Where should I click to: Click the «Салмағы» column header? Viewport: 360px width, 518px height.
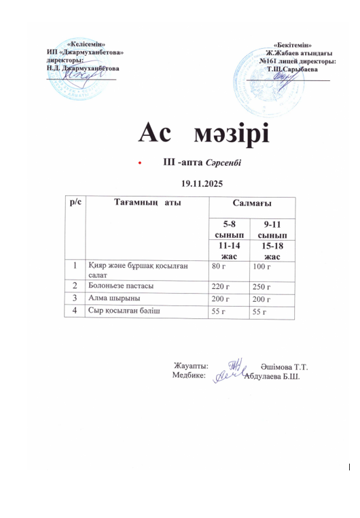[x=252, y=203]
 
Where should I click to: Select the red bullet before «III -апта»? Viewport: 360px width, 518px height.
[x=140, y=164]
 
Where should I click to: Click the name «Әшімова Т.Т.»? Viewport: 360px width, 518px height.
[x=283, y=366]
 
